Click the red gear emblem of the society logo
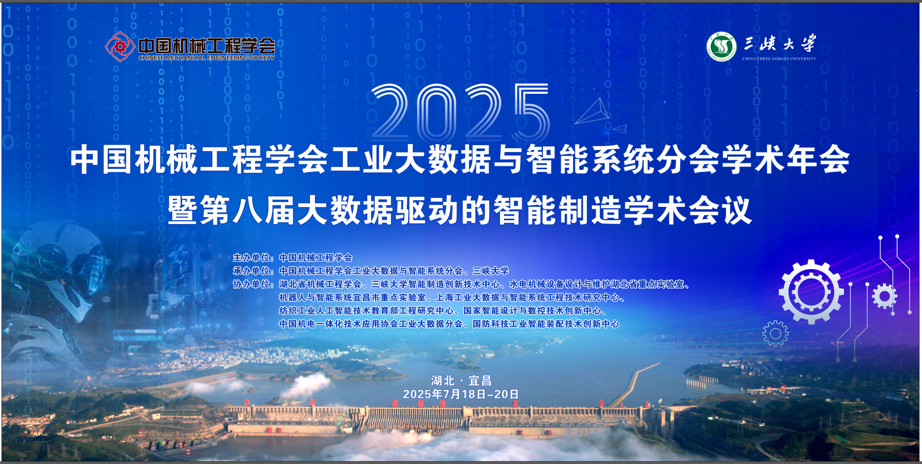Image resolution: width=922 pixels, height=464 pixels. (119, 47)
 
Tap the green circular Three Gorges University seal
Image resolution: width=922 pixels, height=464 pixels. (721, 47)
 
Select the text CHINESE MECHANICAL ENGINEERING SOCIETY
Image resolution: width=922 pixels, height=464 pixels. (206, 58)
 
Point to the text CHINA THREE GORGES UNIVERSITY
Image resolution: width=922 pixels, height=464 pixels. (779, 59)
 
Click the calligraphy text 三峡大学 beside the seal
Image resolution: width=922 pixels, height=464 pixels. (780, 43)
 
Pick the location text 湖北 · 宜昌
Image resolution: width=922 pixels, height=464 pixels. (461, 381)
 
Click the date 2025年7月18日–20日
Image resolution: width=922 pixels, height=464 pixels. (461, 394)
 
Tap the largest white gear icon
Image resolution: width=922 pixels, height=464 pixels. (811, 292)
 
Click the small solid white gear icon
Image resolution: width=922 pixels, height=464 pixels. (884, 296)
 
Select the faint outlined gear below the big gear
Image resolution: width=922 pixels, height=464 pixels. (775, 334)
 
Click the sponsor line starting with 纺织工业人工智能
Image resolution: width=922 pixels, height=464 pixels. (443, 311)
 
